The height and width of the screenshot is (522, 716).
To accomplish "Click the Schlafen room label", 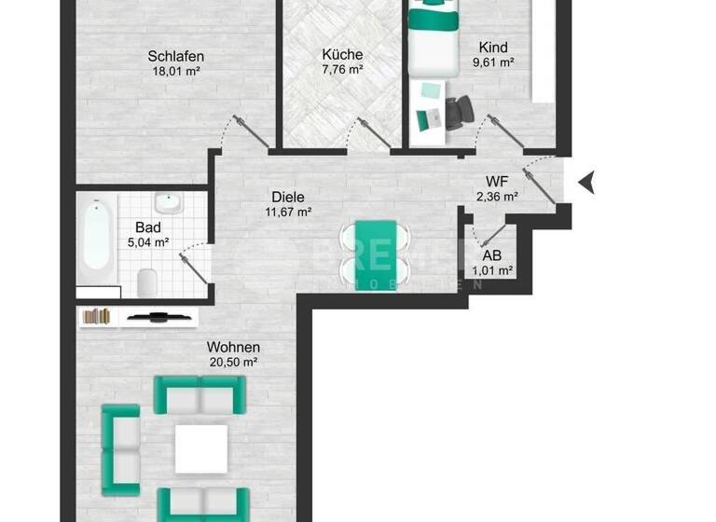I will click(x=175, y=56).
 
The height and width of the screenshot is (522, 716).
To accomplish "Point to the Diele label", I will click(x=288, y=197).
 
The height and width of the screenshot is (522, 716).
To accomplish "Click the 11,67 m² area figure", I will click(x=288, y=212).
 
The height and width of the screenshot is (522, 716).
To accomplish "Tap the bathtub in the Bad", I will click(x=97, y=238).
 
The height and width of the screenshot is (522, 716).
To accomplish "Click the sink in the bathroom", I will click(x=169, y=204).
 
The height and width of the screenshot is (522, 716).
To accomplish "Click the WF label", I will click(x=496, y=182).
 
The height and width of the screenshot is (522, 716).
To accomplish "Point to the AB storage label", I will click(x=492, y=255).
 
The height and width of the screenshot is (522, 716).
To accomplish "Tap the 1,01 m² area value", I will click(x=492, y=270).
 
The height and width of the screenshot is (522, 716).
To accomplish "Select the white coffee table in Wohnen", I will click(x=201, y=447).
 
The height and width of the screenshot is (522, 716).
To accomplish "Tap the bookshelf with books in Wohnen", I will click(x=97, y=316).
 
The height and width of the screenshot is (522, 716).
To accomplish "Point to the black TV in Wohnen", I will click(x=160, y=317).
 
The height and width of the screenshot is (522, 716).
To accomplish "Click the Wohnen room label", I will click(x=233, y=347).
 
